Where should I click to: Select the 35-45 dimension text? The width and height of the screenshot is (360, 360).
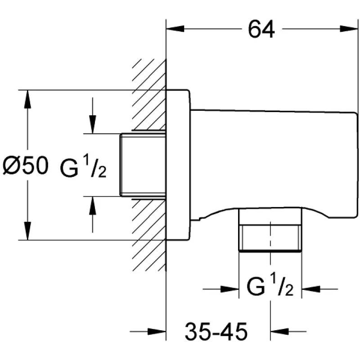click(x=216, y=332)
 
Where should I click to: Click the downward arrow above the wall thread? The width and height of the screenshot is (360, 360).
click(x=92, y=124)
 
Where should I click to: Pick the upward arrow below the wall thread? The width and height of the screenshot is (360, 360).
click(x=92, y=206)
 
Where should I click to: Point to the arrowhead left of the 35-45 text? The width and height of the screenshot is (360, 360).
click(x=159, y=333)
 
